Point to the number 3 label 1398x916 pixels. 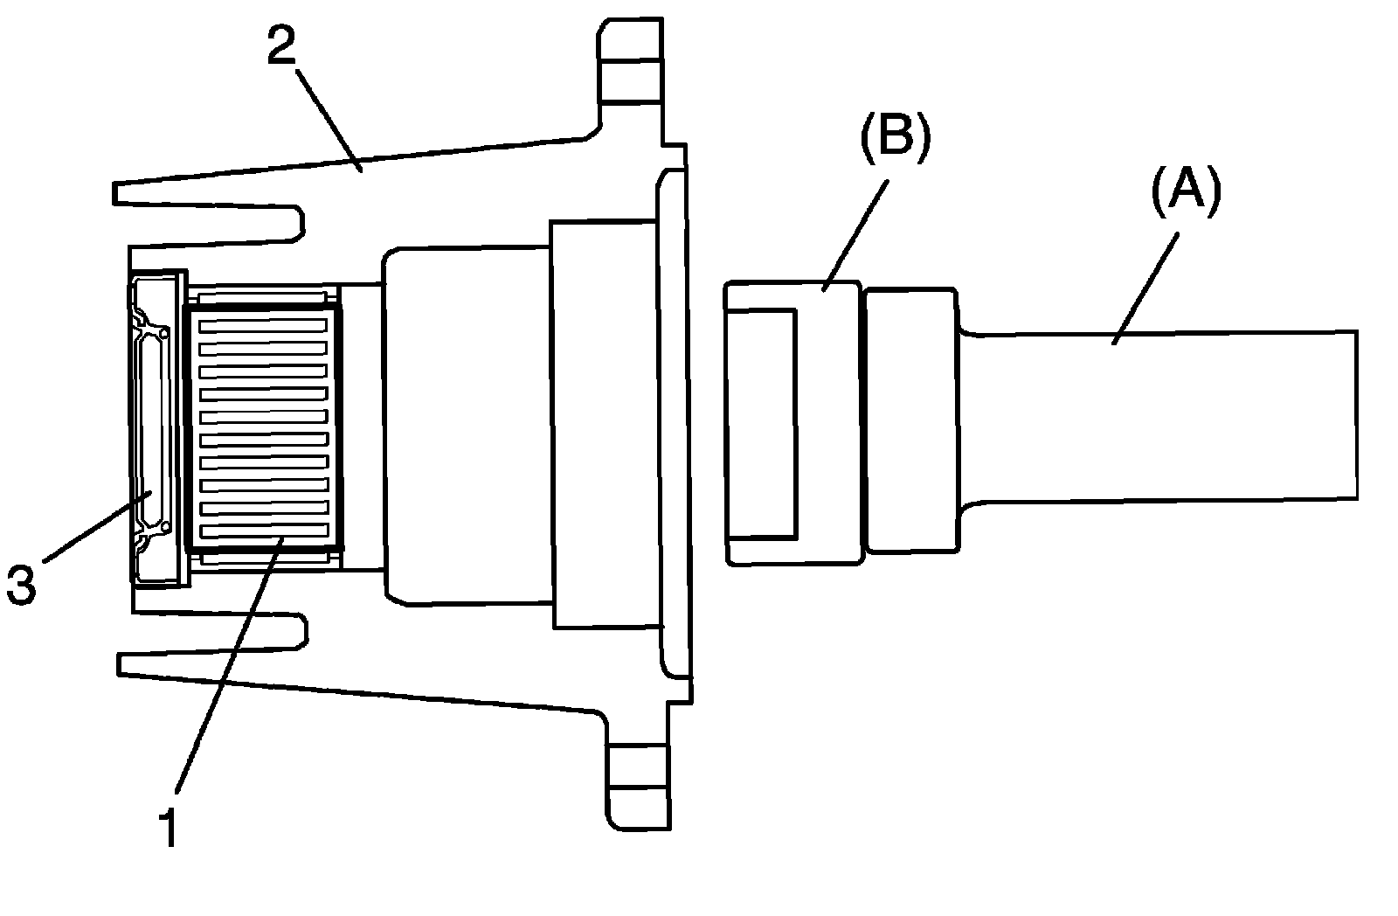point(21,584)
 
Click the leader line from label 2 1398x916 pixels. point(330,119)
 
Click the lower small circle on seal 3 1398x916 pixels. point(164,527)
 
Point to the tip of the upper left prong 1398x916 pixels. point(119,193)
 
